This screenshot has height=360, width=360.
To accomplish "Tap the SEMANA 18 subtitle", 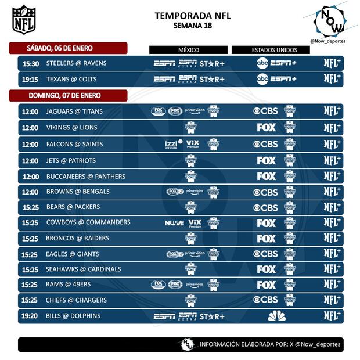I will [x=192, y=26].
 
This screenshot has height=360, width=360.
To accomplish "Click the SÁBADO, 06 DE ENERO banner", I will [x=68, y=48].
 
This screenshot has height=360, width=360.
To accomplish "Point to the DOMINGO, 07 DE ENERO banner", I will [x=69, y=95].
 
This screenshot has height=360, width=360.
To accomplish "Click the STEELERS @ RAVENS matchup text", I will [x=76, y=63].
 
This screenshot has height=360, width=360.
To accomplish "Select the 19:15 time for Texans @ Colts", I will [x=30, y=79].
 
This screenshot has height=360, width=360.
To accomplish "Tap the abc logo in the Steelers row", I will [x=262, y=63].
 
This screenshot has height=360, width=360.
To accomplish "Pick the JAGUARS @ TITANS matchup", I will [x=74, y=111].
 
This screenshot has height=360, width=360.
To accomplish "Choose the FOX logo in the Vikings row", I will [x=267, y=128].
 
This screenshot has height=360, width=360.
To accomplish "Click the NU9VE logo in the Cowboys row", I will [x=174, y=223].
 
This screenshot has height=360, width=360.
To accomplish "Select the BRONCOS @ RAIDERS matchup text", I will [x=77, y=238].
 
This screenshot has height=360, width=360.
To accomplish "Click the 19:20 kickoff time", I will [x=30, y=316].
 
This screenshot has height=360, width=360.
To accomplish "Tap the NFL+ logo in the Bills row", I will [x=332, y=316].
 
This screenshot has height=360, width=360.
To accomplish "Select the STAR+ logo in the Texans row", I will [x=212, y=79].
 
